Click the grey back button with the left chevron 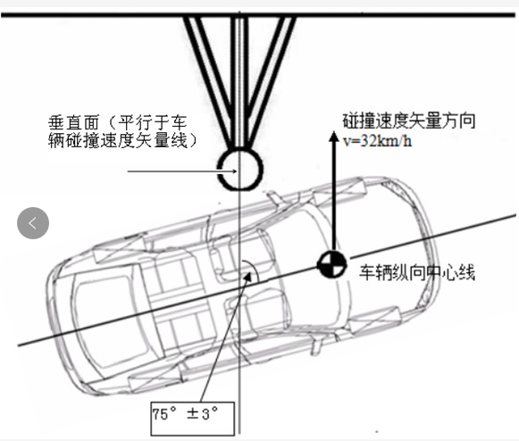33,223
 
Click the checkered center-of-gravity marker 332,264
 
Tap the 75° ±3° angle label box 193,419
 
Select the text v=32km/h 377,141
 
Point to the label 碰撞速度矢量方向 409,121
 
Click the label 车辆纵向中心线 417,272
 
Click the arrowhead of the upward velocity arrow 334,137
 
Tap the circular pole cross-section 240,169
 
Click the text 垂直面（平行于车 118,122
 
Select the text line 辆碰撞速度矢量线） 122,140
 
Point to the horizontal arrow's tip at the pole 236,171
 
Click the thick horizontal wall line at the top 258,15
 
